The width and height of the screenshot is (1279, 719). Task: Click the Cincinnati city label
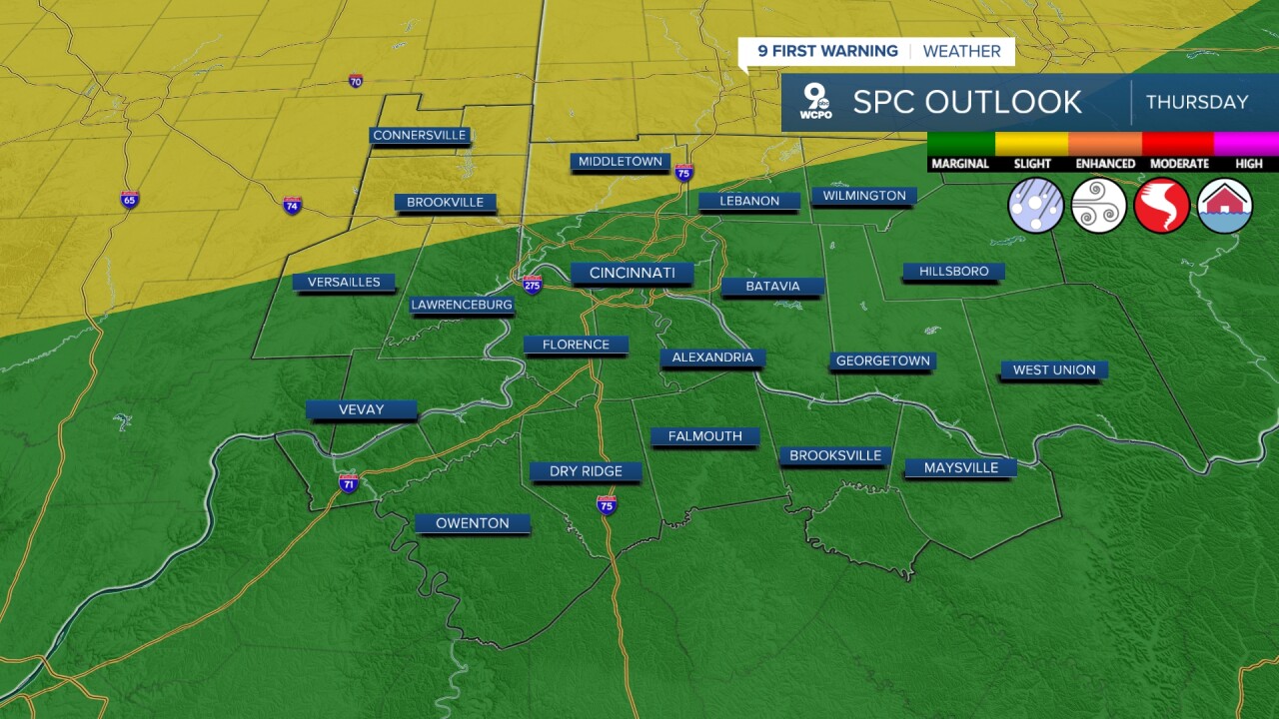coord(632,273)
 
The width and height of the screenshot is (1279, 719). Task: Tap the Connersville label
coord(419,135)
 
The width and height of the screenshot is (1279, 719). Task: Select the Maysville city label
coord(960,467)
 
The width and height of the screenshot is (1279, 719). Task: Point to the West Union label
coord(1054,369)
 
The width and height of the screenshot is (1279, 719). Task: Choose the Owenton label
coord(473,523)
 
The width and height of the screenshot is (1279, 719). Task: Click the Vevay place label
coord(361,409)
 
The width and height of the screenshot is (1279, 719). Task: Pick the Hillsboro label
coord(953,271)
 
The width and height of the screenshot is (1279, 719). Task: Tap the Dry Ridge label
coord(586,471)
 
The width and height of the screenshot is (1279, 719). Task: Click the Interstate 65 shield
coord(129,199)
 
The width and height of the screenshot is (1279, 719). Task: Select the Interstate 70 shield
coord(356,81)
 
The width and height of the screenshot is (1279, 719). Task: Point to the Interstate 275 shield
coord(533,284)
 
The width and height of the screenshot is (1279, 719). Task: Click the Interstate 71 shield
coord(348,483)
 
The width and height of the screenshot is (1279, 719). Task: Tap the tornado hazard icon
coord(1162,206)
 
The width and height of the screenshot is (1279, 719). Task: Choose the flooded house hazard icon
coord(1225,206)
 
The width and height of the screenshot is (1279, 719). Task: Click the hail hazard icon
coord(1036,206)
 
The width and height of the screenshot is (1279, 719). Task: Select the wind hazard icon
coord(1099,206)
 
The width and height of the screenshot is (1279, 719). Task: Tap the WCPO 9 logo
coord(816,102)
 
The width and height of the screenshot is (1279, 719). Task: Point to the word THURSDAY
coord(1197,102)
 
